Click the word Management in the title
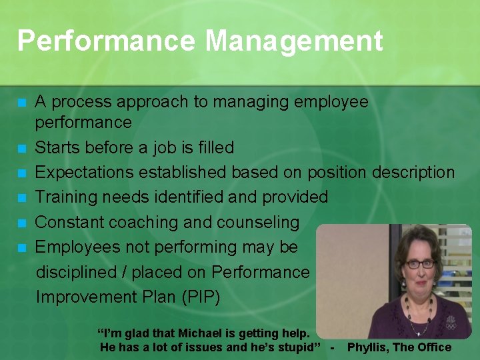point(294,41)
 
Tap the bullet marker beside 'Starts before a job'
point(22,148)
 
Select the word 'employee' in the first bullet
point(331,102)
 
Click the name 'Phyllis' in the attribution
point(368,347)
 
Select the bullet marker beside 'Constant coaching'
point(22,223)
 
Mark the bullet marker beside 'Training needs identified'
point(22,198)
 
